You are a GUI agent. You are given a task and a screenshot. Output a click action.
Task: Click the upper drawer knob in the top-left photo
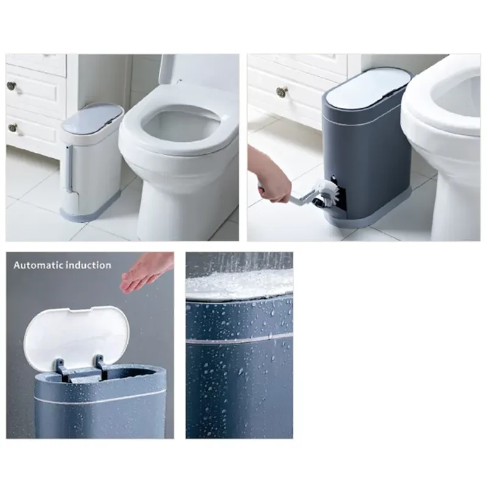click(11, 85)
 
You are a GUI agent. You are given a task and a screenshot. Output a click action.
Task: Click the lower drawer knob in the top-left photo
click(13, 127)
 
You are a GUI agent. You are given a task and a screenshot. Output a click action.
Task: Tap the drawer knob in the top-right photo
click(281, 92)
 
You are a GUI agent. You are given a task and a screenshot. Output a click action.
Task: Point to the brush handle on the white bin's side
click(70, 168)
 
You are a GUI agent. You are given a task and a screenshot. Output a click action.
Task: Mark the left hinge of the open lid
click(61, 369)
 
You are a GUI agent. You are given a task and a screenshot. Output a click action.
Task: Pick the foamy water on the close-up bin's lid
click(239, 283)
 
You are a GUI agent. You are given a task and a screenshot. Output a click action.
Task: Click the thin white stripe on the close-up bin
click(239, 338)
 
